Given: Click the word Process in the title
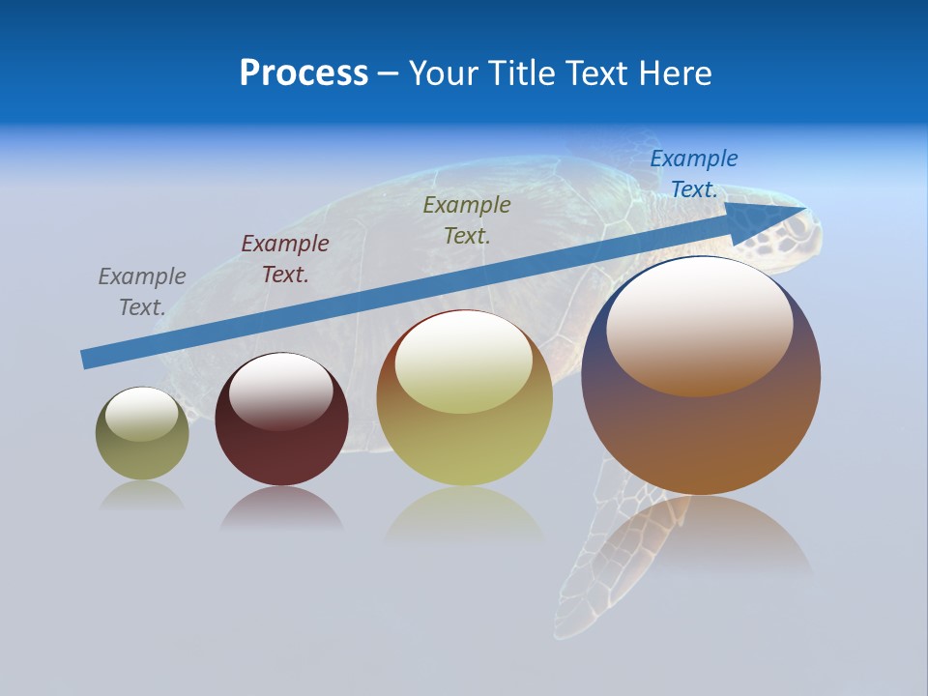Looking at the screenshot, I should (x=304, y=73).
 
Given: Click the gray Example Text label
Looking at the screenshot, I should (x=142, y=292).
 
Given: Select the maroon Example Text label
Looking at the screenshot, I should (x=285, y=259).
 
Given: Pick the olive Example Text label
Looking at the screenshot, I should (x=467, y=219).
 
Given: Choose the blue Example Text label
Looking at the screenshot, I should (x=694, y=174).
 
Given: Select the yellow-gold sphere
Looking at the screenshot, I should (x=465, y=435).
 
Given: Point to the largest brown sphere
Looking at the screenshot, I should (x=701, y=425).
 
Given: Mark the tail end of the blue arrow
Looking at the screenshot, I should (x=85, y=360).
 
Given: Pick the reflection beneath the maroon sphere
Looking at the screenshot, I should (x=281, y=507).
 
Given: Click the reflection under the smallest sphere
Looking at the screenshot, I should (x=142, y=496).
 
